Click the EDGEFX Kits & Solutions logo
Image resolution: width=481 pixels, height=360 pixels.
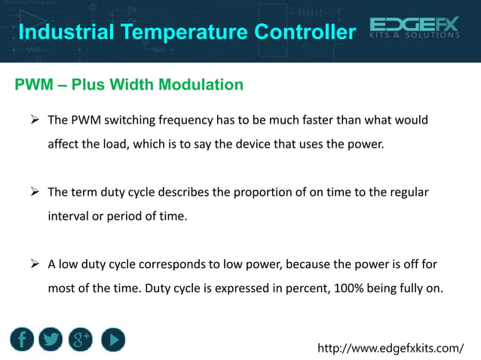(415, 29)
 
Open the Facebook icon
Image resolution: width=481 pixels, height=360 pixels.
(23, 340)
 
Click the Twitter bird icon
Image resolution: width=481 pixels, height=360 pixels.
(51, 340)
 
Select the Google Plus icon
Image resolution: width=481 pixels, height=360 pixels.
(81, 340)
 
